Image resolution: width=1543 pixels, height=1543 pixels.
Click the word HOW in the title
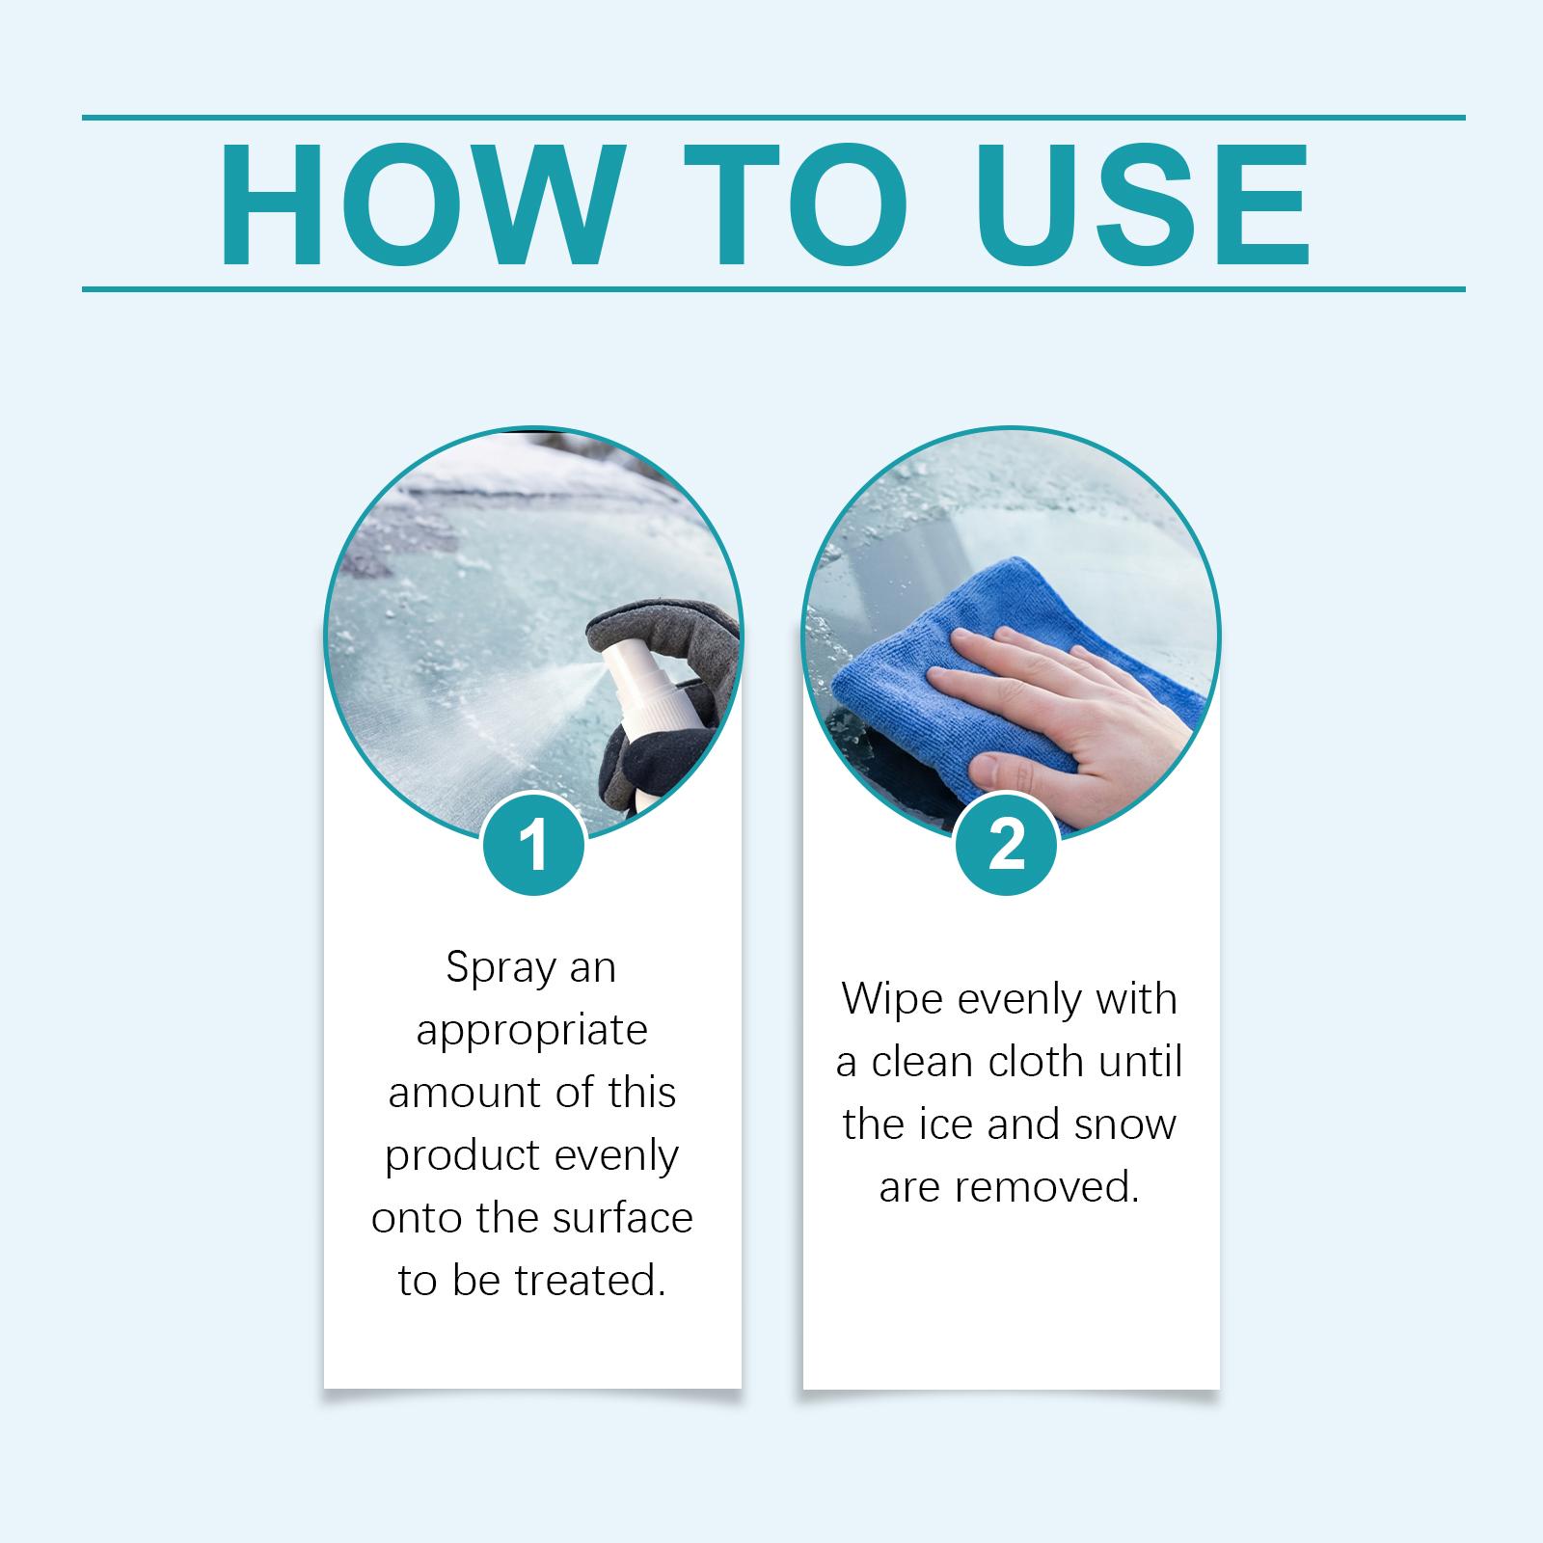(418, 205)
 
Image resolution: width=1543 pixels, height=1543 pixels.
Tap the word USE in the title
(1142, 205)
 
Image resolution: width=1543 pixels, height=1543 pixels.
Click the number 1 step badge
(533, 845)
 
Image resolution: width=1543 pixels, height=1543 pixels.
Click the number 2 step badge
(1006, 845)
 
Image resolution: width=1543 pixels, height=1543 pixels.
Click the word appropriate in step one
(531, 1032)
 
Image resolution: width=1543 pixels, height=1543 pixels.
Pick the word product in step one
(462, 1156)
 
